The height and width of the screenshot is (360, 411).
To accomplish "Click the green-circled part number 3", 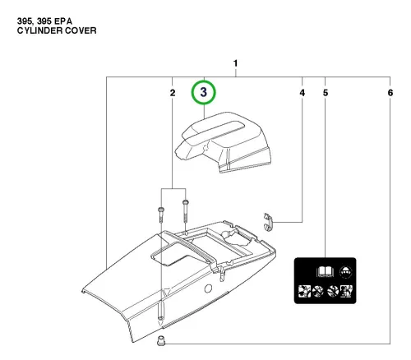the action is (203, 92).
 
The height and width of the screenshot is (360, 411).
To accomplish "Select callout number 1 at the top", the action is (235, 63).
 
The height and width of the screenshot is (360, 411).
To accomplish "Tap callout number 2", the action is (173, 93).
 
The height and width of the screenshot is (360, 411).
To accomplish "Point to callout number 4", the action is (302, 93).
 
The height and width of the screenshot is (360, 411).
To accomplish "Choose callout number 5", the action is (326, 93).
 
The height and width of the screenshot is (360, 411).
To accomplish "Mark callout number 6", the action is (390, 93).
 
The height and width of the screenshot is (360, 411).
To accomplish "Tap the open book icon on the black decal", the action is (326, 272).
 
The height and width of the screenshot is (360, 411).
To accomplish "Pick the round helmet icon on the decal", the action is (346, 272).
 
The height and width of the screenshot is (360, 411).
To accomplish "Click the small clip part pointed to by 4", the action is (269, 222).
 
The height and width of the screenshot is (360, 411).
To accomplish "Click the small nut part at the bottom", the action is (161, 341).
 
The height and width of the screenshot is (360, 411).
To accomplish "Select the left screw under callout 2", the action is (160, 215).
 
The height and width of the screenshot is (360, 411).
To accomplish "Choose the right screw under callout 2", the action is (186, 210).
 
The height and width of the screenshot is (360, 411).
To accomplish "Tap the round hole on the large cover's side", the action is (208, 288).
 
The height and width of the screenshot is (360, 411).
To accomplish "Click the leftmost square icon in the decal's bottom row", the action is (304, 291).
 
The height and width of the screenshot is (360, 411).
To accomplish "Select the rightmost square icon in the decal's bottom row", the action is (346, 291).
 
